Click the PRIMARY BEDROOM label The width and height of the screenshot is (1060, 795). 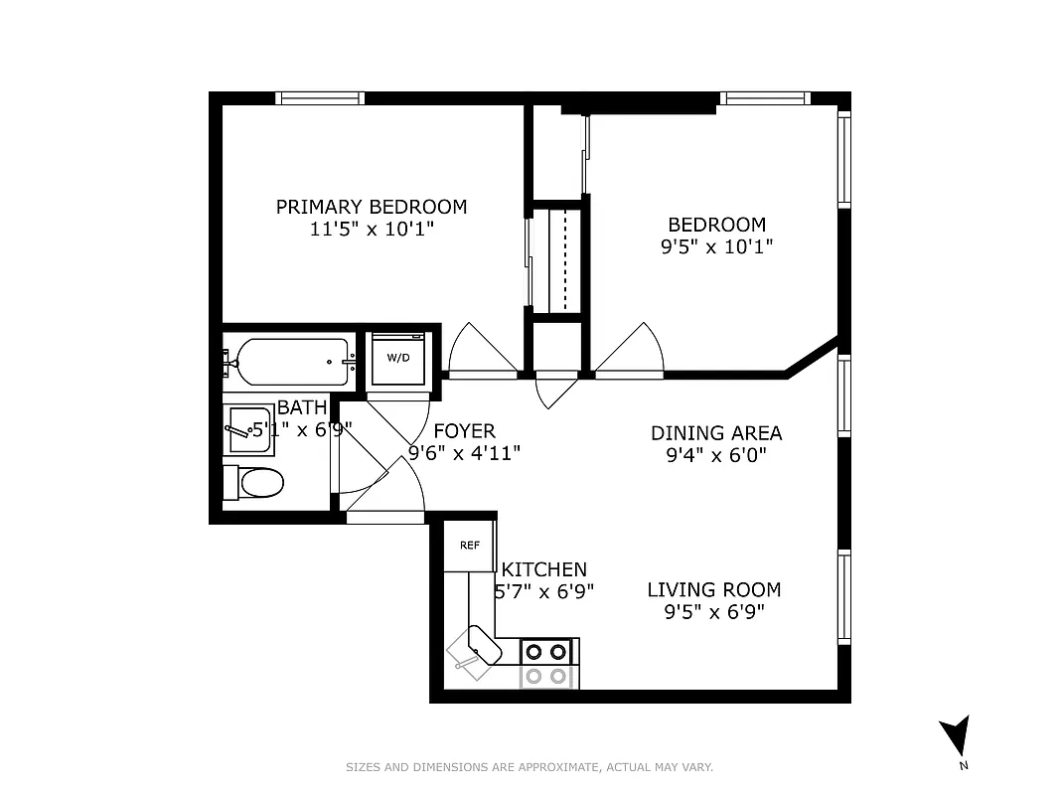click(371, 207)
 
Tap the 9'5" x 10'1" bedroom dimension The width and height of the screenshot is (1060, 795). click(716, 246)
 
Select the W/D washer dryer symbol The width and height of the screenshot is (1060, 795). click(398, 357)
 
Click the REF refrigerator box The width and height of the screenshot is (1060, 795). click(469, 546)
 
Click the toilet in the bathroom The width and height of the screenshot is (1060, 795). click(256, 483)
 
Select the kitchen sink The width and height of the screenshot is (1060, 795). click(476, 650)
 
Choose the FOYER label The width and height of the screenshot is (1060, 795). click(464, 431)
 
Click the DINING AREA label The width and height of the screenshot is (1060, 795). click(715, 433)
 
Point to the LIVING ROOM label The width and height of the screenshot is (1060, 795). click(713, 589)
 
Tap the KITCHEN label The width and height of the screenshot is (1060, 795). click(543, 569)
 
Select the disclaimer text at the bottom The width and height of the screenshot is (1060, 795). click(529, 767)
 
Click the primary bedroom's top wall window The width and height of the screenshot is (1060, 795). click(320, 97)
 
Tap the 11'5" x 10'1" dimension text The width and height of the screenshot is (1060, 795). click(371, 229)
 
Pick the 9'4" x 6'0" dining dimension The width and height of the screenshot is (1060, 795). click(715, 455)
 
